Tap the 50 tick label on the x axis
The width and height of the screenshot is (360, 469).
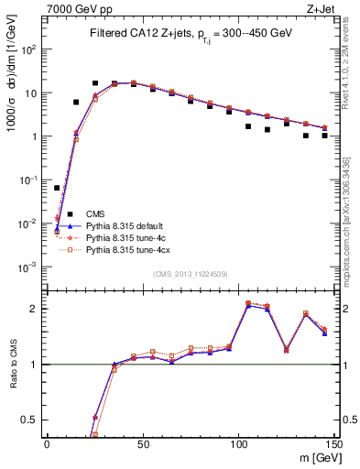click(143, 442)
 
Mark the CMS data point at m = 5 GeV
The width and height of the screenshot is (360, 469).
click(57, 188)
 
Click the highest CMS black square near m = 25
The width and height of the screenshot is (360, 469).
click(95, 83)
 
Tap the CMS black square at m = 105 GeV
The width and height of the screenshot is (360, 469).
click(248, 126)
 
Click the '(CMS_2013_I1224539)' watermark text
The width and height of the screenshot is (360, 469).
click(190, 273)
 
